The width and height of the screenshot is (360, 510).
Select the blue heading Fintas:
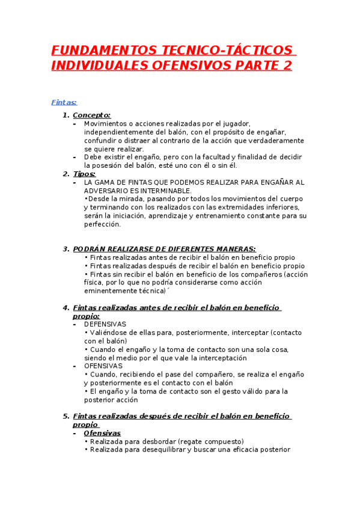64,103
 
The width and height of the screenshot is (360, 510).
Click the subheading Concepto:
91,115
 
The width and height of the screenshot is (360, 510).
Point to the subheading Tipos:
84,174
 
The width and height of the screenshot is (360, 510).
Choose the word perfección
103,224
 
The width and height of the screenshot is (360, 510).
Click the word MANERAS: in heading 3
233,249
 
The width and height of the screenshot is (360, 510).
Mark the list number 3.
66,249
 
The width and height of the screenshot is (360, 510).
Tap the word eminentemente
112,291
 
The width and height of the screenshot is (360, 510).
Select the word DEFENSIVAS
105,324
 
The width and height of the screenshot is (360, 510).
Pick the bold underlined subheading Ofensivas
102,433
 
